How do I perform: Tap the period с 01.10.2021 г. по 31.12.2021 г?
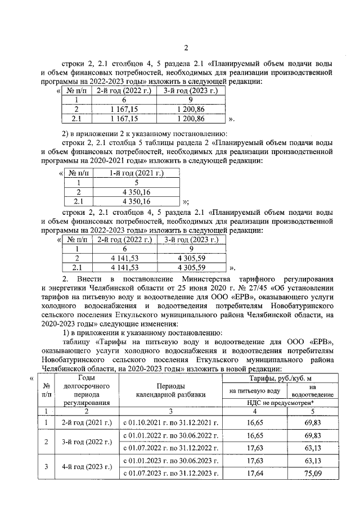pos(170,421)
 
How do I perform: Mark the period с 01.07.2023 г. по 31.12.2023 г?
pos(170,473)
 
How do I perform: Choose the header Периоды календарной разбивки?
pos(170,390)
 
